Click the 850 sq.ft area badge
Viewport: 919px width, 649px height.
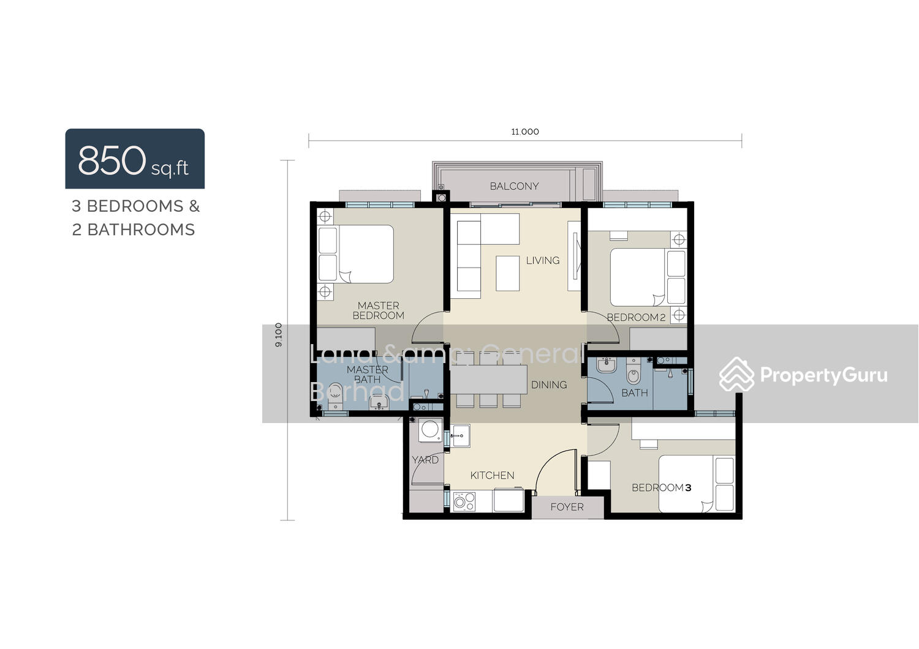[135, 159]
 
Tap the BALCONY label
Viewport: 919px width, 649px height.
[514, 186]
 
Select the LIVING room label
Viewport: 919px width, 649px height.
[542, 260]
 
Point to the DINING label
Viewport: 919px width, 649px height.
[548, 385]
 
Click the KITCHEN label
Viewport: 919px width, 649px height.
[492, 475]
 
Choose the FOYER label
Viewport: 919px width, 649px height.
[567, 507]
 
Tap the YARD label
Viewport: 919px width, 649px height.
[425, 460]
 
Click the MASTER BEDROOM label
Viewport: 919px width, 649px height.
[378, 310]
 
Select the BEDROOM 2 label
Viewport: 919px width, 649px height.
[636, 317]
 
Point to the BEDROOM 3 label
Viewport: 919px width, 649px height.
[661, 487]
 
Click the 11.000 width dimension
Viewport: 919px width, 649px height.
[525, 132]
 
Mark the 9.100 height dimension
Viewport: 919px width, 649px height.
[279, 335]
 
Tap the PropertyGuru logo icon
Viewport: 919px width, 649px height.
[736, 375]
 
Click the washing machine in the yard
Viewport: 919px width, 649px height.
[430, 430]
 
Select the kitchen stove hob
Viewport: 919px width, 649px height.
[464, 501]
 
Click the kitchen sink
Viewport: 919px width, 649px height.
[461, 436]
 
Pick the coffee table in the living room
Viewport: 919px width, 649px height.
[507, 273]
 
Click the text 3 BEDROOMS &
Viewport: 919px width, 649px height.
[135, 206]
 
